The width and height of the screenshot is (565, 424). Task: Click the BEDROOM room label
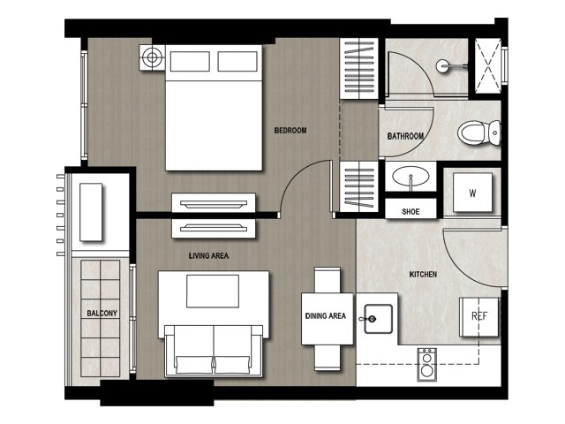pyautogui.click(x=290, y=131)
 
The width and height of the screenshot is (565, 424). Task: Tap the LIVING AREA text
pyautogui.click(x=209, y=255)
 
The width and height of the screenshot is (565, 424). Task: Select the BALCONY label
pyautogui.click(x=102, y=314)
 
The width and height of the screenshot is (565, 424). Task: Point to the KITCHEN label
pyautogui.click(x=423, y=275)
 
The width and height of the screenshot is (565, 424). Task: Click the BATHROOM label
pyautogui.click(x=405, y=136)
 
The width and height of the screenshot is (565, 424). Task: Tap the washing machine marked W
pyautogui.click(x=472, y=193)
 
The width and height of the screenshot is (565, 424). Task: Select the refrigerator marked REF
pyautogui.click(x=479, y=316)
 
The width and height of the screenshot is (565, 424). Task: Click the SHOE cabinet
pyautogui.click(x=411, y=209)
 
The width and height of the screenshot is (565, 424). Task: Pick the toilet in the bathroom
pyautogui.click(x=479, y=132)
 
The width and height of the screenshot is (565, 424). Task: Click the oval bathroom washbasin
pyautogui.click(x=411, y=177)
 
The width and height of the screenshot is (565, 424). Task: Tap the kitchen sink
pyautogui.click(x=378, y=319)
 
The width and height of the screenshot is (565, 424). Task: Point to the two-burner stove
pyautogui.click(x=427, y=365)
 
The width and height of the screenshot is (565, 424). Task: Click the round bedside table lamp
pyautogui.click(x=152, y=57)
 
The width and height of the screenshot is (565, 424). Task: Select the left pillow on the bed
pyautogui.click(x=190, y=61)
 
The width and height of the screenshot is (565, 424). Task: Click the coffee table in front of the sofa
pyautogui.click(x=213, y=291)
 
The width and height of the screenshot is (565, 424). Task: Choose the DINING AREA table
pyautogui.click(x=328, y=319)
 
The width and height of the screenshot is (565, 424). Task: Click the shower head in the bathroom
pyautogui.click(x=443, y=66)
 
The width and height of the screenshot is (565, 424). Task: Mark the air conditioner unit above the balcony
pyautogui.click(x=91, y=212)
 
